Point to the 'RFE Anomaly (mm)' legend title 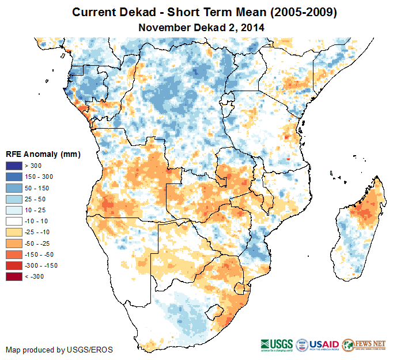43,155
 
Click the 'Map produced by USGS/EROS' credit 59,350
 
